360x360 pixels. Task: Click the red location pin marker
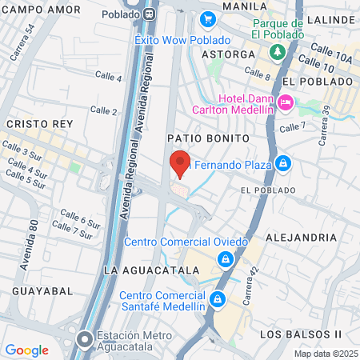coord(181,162)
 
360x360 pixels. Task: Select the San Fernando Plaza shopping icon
coord(282,165)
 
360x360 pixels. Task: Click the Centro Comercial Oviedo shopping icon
coord(226,259)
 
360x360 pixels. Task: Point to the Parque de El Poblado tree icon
coord(278,51)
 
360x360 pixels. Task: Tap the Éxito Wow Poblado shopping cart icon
coord(208,19)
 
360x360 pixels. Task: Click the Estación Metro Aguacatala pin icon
coord(84,342)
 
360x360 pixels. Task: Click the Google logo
coord(26,350)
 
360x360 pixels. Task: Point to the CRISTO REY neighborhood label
coord(39,124)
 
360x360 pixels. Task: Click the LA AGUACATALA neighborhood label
coord(150,270)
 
